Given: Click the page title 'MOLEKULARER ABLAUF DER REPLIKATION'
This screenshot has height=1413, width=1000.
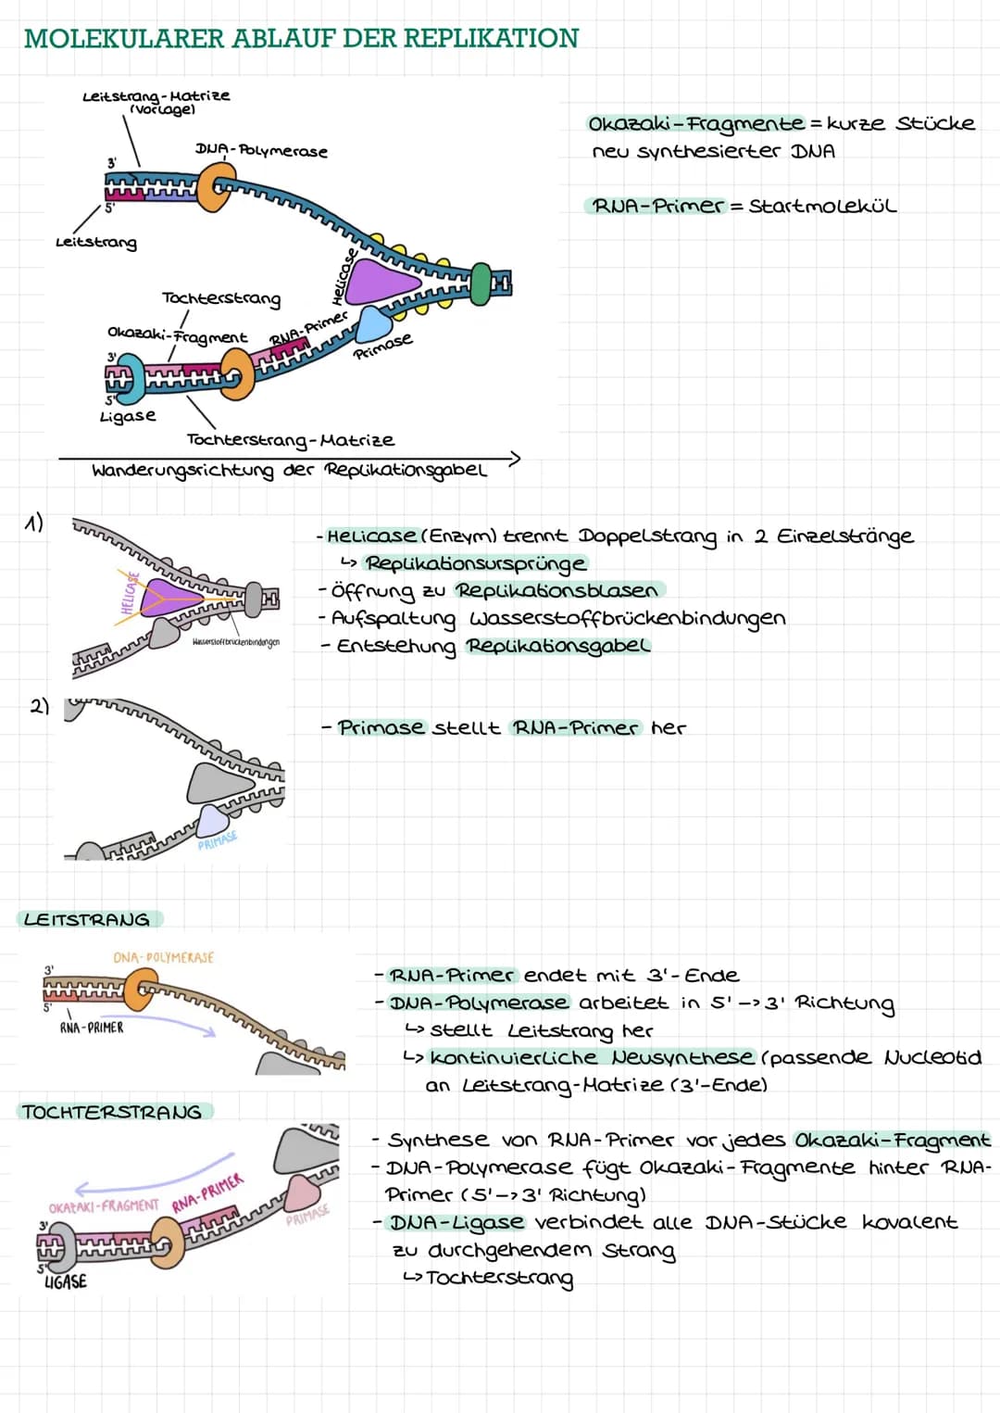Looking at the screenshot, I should tap(301, 38).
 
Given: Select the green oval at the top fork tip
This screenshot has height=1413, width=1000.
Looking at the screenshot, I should tap(481, 283).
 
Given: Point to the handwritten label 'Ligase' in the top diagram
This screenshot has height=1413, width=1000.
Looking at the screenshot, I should tap(128, 416).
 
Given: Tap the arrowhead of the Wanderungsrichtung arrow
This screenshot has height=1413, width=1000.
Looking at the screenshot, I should tap(514, 458).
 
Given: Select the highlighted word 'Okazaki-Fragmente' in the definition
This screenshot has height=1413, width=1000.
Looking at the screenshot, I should tap(696, 124).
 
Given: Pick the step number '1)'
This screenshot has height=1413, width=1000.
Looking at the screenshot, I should tap(34, 524).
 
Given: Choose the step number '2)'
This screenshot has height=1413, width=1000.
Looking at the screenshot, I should tap(39, 707).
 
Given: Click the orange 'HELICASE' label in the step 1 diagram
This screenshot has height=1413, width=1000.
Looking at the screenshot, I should tap(130, 593).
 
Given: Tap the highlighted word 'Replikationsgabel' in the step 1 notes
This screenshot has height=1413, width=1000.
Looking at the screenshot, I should tap(557, 646).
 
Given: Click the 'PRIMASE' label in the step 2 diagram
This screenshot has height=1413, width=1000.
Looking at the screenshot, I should tap(218, 840).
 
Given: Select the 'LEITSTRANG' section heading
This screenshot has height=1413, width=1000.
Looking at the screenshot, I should tap(87, 919).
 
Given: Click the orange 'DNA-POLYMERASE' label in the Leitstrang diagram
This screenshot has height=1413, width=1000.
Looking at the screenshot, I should tap(164, 957).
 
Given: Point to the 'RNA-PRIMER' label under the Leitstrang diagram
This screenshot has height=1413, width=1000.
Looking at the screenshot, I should tap(92, 1028).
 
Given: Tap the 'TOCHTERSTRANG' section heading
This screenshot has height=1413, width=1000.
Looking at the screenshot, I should tap(112, 1112).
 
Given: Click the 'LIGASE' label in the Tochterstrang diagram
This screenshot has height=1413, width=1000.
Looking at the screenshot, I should tap(66, 1281).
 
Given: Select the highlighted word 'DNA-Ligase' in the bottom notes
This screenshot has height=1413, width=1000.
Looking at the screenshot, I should tap(456, 1222).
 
